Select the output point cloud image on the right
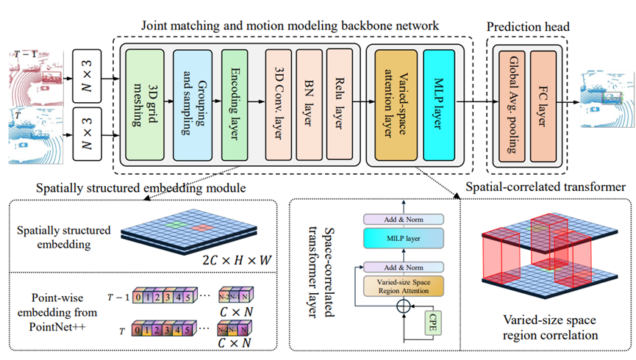(606, 94)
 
